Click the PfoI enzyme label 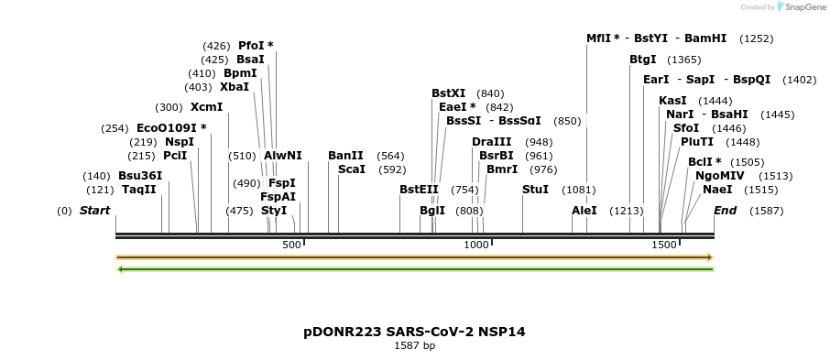click(251, 45)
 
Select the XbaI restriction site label click(235, 87)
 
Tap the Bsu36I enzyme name click(140, 176)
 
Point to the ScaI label click(352, 169)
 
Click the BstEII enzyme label click(419, 190)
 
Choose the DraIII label click(492, 142)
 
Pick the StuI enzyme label click(535, 190)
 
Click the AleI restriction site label click(584, 211)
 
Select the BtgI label click(643, 60)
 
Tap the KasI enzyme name click(672, 101)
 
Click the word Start click(95, 211)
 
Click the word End click(726, 211)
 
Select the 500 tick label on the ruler click(291, 245)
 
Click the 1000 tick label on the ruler click(476, 245)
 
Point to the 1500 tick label click(663, 245)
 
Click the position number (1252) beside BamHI click(757, 38)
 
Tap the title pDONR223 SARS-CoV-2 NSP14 click(414, 332)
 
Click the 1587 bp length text click(414, 346)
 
